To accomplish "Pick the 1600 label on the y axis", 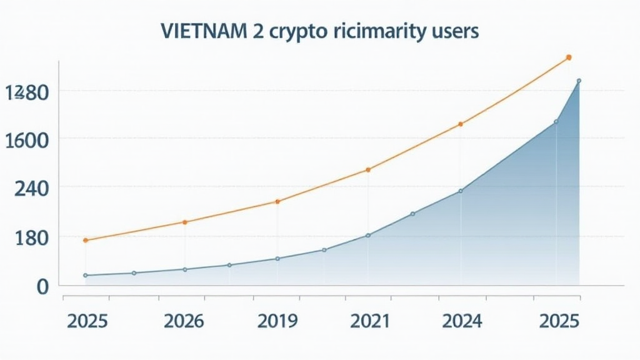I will click(26, 139).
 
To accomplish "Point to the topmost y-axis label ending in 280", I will click(26, 92).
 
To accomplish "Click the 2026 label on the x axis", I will click(183, 321).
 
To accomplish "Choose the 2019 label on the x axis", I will click(277, 321).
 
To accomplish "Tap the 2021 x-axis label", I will click(368, 321).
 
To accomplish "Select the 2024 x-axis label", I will click(461, 321).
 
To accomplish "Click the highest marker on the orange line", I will click(568, 57).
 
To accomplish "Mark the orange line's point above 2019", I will click(277, 201).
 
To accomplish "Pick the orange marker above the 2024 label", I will click(461, 124).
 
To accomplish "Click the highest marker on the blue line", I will click(579, 81).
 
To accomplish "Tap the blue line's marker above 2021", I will click(368, 235).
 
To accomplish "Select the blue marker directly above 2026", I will click(184, 269).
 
